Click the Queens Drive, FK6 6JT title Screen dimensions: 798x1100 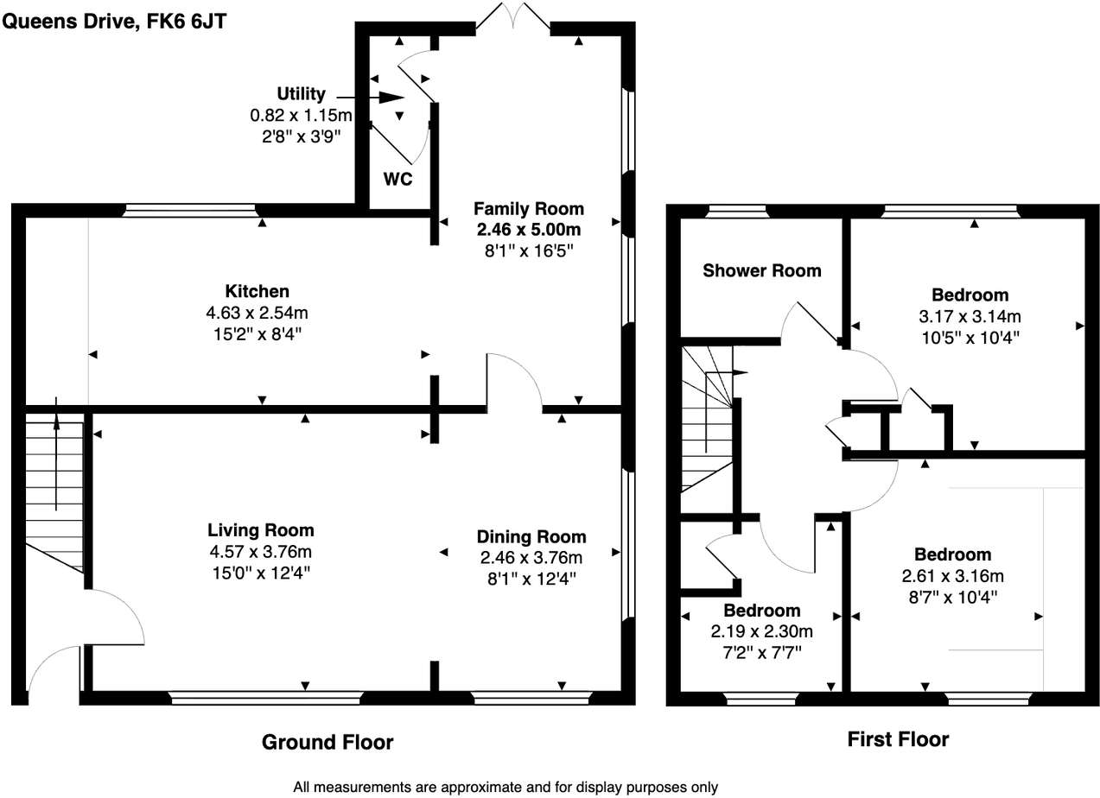coord(115,21)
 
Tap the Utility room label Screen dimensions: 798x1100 coord(301,94)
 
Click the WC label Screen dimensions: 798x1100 coord(398,180)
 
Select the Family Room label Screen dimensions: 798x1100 coord(528,209)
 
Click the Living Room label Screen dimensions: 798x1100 coord(260,530)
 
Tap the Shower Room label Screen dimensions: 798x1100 coord(761,270)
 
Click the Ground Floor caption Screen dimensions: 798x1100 coord(327,742)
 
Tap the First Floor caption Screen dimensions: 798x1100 coord(898,739)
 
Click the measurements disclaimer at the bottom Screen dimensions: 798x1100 coord(505,787)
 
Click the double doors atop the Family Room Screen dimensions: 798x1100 coord(513,19)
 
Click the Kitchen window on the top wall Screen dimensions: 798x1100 coord(190,210)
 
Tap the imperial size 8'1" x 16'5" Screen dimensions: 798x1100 coord(528,250)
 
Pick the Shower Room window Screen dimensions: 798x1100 coord(737,210)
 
